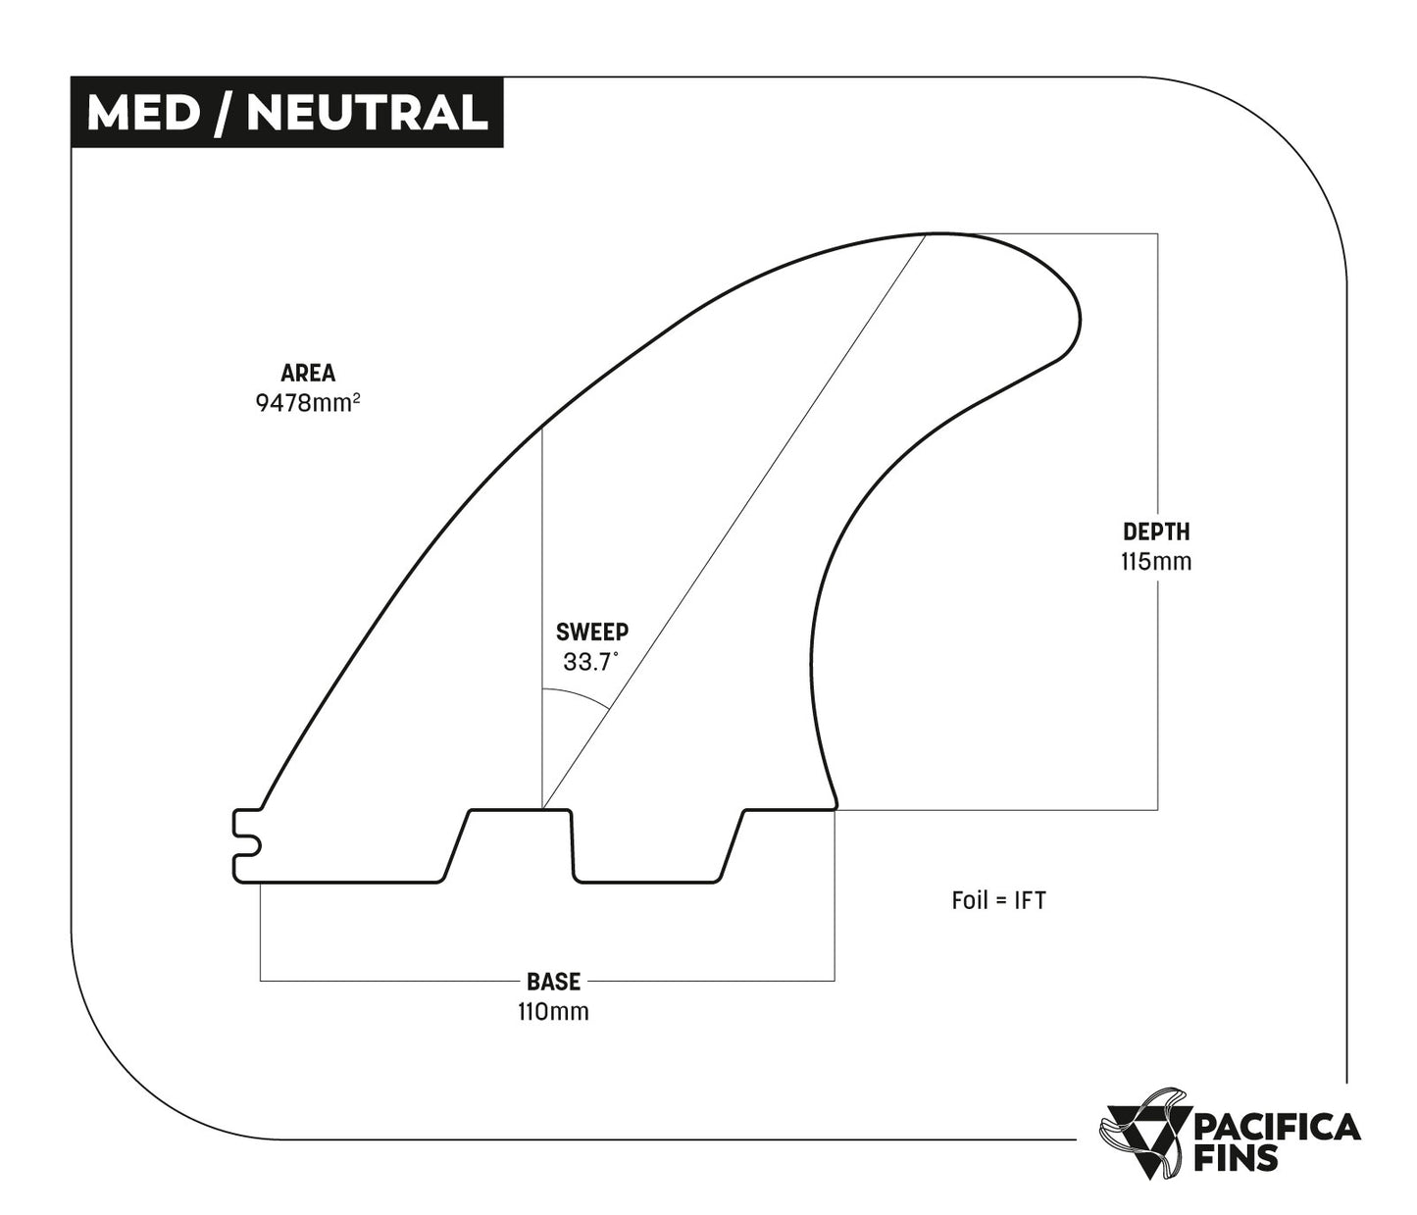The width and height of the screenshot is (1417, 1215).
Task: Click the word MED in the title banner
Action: point(142,113)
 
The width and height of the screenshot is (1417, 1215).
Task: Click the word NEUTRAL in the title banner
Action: point(367,113)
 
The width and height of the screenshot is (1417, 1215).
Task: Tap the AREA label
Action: point(308,373)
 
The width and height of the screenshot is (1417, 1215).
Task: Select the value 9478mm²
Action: point(306,402)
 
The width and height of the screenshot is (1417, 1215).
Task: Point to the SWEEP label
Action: point(591,632)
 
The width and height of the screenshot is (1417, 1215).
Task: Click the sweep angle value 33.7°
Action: point(590,662)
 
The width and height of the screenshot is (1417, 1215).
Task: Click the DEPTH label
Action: point(1156,532)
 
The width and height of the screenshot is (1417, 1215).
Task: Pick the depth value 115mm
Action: point(1156,562)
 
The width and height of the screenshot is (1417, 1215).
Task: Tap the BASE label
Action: point(553,982)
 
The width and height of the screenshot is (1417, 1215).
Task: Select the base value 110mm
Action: point(553,1011)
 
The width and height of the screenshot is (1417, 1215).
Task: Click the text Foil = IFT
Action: point(998,900)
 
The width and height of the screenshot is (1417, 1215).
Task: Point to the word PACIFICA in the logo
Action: point(1277,1128)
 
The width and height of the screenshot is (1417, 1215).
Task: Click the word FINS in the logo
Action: point(1237,1159)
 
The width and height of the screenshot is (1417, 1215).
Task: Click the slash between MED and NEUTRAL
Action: point(224,113)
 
